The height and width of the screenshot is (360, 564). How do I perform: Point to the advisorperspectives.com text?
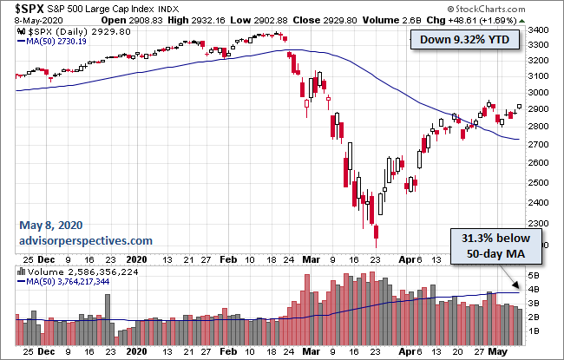(86, 240)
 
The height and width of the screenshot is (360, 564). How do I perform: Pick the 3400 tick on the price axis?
(539, 30)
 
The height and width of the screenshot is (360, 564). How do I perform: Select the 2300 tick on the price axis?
(539, 203)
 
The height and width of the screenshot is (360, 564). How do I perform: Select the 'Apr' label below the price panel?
(403, 259)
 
